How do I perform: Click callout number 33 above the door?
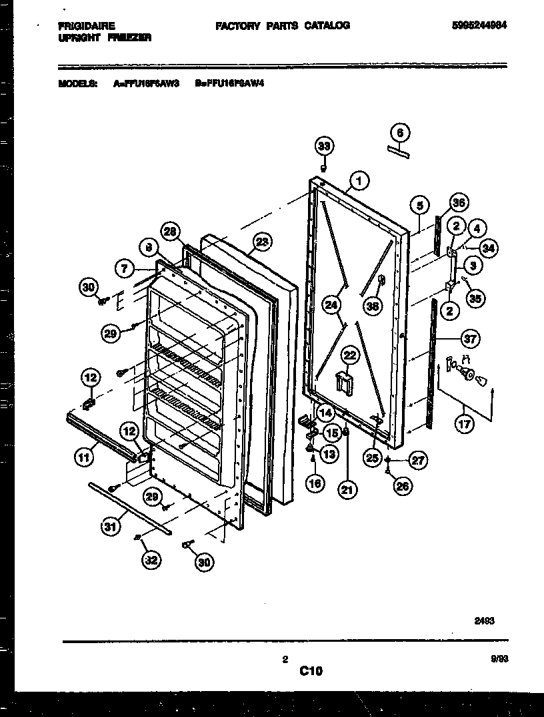pos(323,146)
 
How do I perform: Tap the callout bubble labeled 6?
pos(400,132)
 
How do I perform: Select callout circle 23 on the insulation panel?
pos(262,243)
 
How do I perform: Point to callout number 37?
pos(471,340)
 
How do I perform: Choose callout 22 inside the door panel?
pos(351,356)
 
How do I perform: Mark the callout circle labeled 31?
pos(109,527)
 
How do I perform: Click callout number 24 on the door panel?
pos(331,305)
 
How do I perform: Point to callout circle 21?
pos(347,491)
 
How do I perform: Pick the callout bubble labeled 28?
pos(170,232)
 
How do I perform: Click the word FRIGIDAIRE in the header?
pos(86,26)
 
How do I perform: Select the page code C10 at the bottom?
pos(310,672)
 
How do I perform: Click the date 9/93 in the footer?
pos(498,659)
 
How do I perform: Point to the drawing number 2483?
pos(484,619)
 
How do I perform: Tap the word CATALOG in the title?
pos(327,25)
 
